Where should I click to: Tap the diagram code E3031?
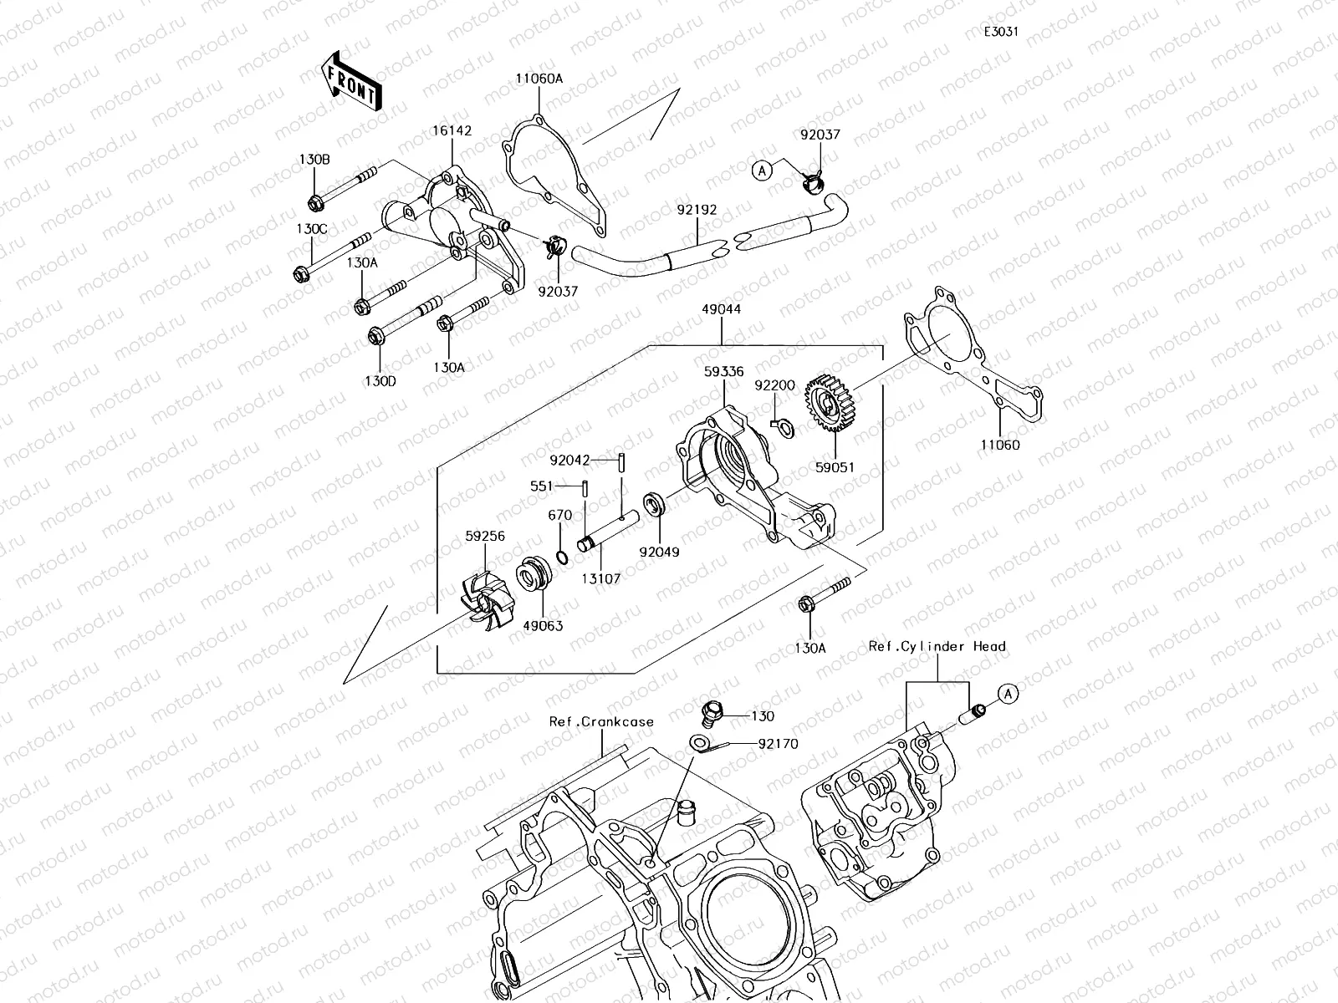coord(1001,32)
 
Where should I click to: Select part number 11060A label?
coord(539,79)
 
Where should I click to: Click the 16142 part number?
coord(452,130)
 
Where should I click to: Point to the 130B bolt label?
coord(314,160)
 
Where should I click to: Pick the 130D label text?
coord(380,381)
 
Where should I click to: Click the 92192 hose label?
coord(697,210)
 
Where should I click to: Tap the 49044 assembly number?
coord(721,309)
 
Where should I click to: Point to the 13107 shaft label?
coord(600,578)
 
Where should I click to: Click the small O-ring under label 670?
coord(563,558)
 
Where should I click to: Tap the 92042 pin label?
coord(570,461)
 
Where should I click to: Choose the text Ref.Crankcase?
coord(601,721)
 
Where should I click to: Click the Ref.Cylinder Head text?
coord(937,646)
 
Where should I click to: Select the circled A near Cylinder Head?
coord(1008,694)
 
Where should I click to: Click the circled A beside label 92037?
coord(762,171)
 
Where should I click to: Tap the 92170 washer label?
coord(778,744)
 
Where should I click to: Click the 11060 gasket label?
coord(999,445)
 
